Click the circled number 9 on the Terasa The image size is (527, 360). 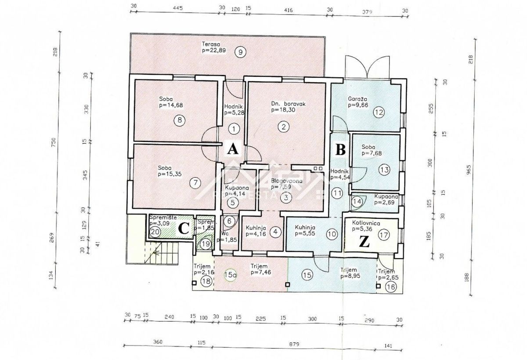click(x=239, y=51)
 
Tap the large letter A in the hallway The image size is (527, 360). click(x=232, y=149)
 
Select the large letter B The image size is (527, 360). click(x=340, y=149)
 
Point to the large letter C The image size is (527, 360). click(x=184, y=228)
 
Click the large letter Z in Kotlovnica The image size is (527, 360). click(x=365, y=241)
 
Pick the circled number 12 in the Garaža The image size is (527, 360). click(x=379, y=112)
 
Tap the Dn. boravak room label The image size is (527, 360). click(x=288, y=104)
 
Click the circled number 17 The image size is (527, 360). click(x=384, y=235)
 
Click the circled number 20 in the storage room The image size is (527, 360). click(x=155, y=232)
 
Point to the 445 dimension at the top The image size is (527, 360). click(x=177, y=8)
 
